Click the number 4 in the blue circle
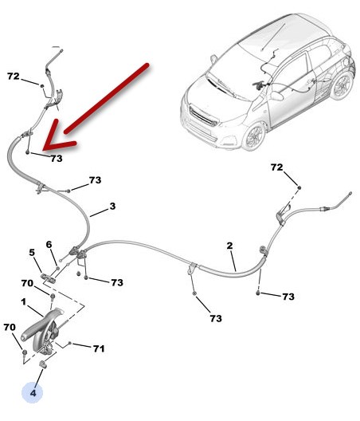[33, 393]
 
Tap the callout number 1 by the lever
[24, 301]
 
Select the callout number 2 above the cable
[229, 246]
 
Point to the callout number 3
[112, 207]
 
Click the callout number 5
[32, 253]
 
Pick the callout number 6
[49, 245]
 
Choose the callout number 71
[99, 348]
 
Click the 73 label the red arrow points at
[57, 159]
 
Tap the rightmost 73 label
[288, 297]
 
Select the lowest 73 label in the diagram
[216, 318]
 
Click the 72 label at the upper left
[14, 77]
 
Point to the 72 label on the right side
[277, 167]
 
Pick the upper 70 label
[27, 283]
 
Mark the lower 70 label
[10, 327]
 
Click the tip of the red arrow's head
[43, 149]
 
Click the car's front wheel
[253, 136]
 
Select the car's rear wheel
[342, 86]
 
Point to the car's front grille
[203, 116]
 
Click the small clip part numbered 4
[43, 364]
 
